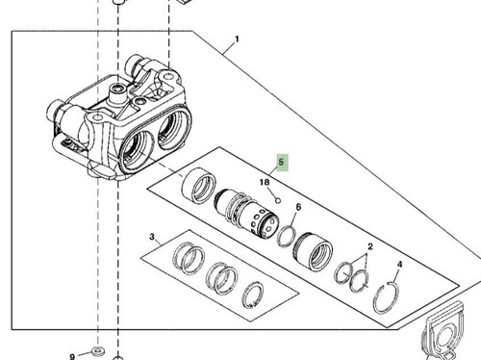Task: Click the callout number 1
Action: click(x=237, y=42)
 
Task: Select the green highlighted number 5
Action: click(x=282, y=164)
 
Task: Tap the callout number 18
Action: click(x=263, y=181)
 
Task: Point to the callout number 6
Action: click(x=298, y=208)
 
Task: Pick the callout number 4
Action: click(x=400, y=264)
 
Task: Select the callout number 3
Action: click(x=152, y=237)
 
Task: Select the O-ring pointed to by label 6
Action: click(x=287, y=233)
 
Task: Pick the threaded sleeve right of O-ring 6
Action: click(x=315, y=252)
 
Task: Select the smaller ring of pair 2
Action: click(x=342, y=273)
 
